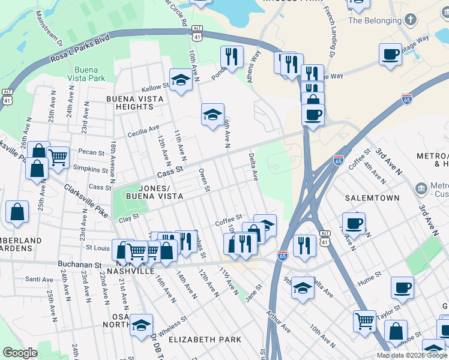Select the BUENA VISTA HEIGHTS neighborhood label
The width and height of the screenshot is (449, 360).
130,103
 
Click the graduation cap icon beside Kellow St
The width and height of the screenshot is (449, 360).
180,80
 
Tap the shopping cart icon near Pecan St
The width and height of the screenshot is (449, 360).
58,157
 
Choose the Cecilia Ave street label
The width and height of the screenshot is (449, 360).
142,127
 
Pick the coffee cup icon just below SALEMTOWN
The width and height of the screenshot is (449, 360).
354,223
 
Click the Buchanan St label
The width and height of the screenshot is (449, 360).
79,264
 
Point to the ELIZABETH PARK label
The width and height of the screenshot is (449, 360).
205,340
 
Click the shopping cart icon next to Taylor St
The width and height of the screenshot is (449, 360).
364,320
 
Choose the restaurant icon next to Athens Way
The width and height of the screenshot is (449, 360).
232,57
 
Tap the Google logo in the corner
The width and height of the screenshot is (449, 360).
20,353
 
